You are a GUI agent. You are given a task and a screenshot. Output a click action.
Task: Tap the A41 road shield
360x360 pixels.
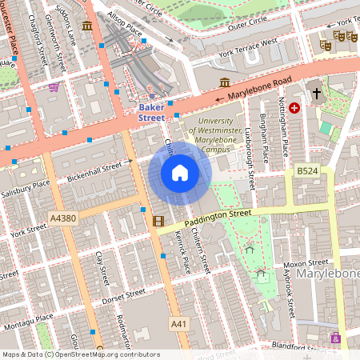[179, 322]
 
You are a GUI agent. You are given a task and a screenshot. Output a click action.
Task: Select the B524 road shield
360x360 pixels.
[307, 170]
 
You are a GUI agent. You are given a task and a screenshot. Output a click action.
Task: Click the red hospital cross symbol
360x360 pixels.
[294, 107]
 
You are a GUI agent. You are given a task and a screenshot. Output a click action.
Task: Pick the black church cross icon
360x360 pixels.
[317, 94]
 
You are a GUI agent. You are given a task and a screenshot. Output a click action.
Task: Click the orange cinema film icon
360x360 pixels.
[158, 221]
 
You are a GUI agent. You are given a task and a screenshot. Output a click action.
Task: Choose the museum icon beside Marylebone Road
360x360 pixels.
[225, 82]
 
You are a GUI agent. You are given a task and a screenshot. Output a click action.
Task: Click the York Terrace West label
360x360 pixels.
[247, 46]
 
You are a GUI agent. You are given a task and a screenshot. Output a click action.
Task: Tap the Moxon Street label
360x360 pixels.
[307, 262]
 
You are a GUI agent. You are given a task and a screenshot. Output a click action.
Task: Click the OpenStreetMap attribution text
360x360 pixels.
[80, 354]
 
